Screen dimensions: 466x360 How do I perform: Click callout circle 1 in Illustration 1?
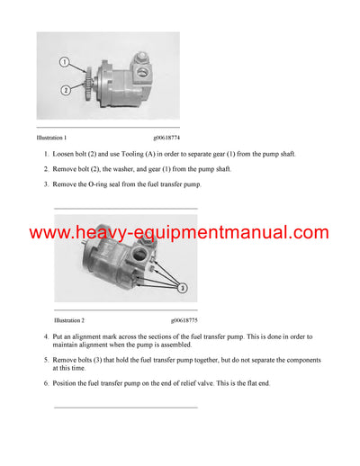(65, 63)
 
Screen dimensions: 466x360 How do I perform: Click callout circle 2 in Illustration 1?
(65, 89)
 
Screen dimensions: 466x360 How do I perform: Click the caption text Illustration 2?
(69, 320)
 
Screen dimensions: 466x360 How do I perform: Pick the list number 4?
(46, 336)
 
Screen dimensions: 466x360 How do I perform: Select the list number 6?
(46, 382)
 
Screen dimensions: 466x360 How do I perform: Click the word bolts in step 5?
(94, 360)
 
